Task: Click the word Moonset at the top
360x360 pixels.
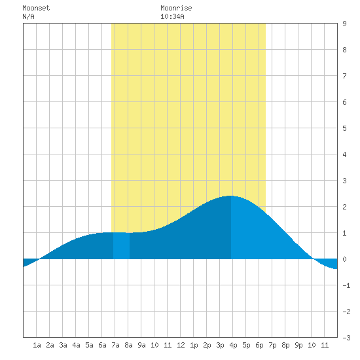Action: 36,8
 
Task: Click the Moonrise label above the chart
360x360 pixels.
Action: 176,8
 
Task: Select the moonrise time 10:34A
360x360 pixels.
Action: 172,16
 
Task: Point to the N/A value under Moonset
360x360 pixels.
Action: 28,16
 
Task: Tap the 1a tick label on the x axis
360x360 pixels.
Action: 37,345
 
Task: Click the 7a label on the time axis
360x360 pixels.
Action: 115,345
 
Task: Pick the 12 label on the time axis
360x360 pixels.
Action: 181,345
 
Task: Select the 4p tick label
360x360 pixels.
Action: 233,345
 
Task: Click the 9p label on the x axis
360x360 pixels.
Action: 298,345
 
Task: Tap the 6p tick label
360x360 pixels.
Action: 259,345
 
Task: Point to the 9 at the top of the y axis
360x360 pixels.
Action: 344,24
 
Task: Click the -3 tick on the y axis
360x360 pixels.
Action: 346,338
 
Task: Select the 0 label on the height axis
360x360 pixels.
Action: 344,259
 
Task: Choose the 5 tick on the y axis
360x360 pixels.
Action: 344,128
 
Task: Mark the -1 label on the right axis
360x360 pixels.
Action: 346,285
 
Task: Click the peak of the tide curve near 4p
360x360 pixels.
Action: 230,196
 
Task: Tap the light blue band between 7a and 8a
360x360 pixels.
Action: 122,245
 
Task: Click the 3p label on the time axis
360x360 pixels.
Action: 220,345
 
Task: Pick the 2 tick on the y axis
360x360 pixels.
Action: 344,207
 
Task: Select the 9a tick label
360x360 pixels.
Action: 141,345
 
